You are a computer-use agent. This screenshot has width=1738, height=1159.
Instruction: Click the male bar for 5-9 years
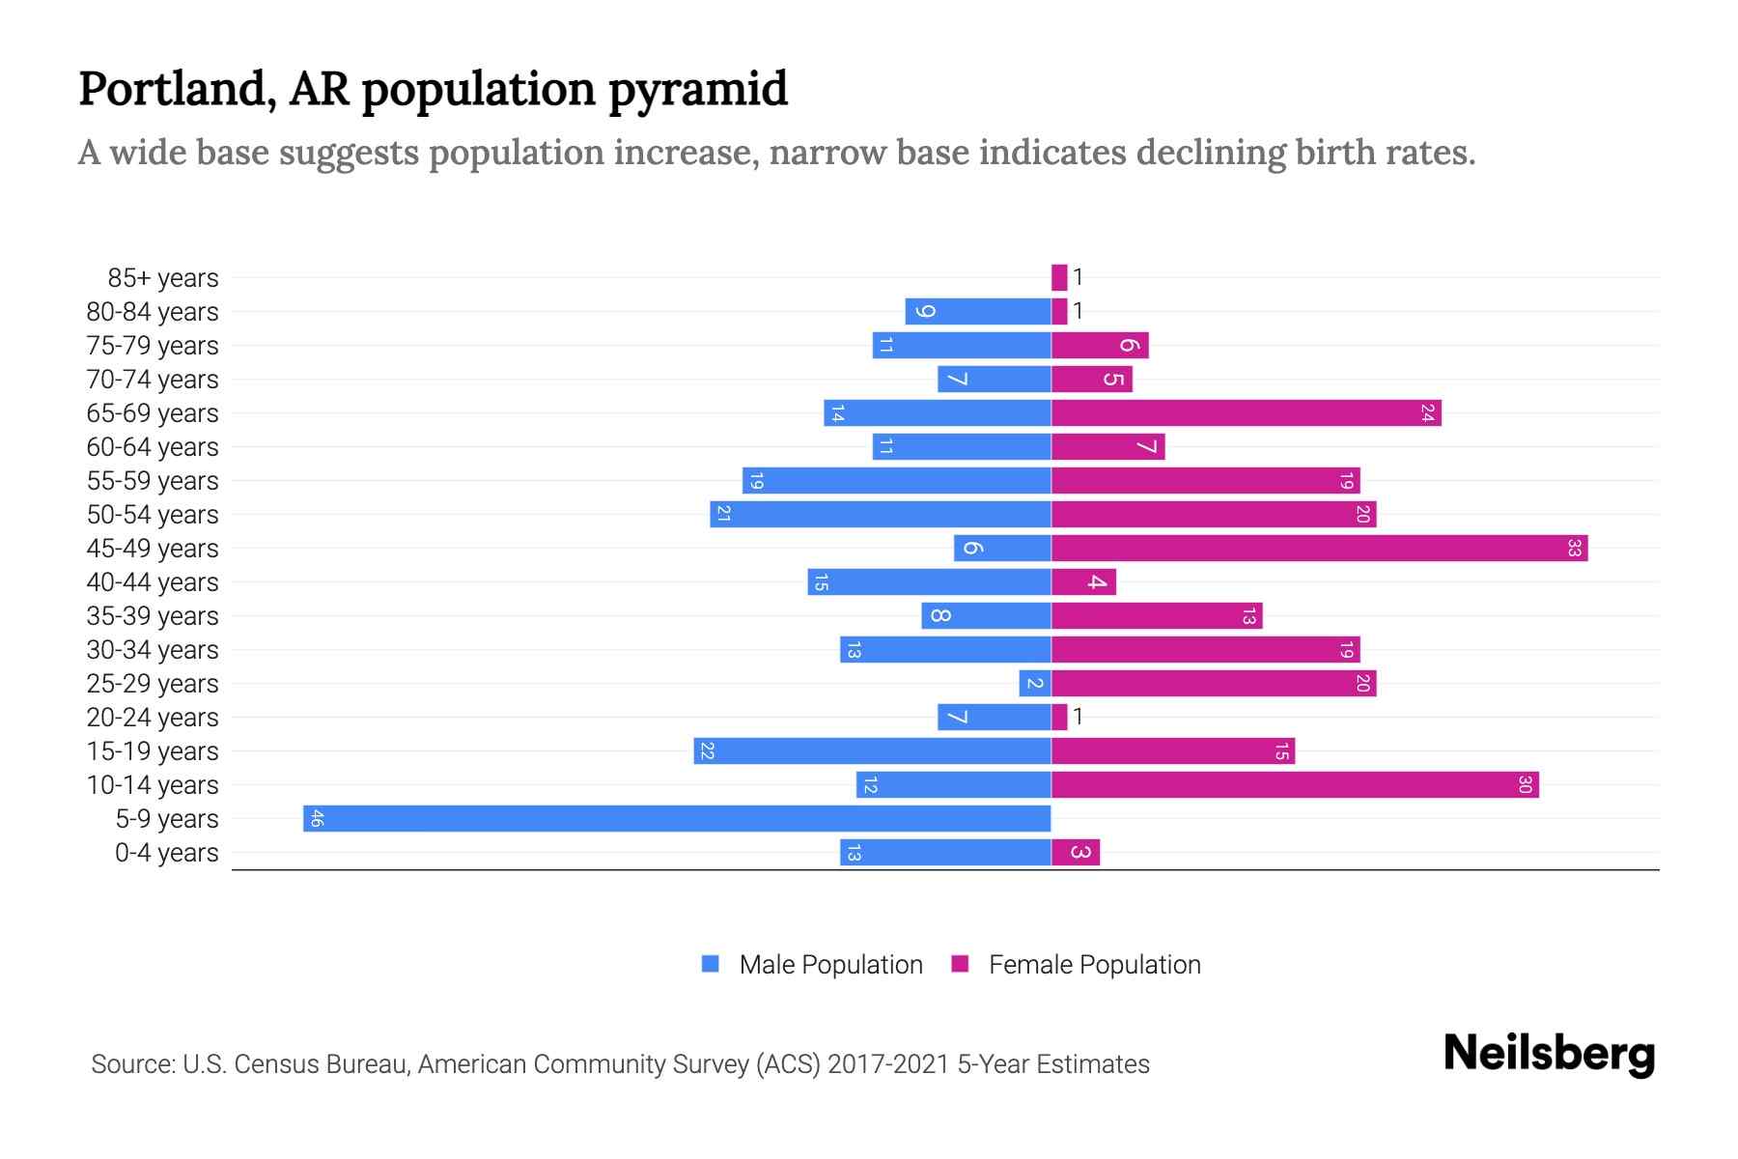[676, 818]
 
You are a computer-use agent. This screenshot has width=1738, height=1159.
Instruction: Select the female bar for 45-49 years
[1319, 548]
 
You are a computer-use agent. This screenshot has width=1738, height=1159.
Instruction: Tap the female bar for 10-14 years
[1294, 784]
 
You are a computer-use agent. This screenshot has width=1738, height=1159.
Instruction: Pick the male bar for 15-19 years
[872, 750]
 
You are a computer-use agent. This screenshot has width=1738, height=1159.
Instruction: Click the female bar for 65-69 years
[1246, 412]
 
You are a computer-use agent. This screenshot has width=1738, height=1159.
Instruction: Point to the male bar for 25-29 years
[1035, 683]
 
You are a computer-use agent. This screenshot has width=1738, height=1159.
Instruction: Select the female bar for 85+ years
[1059, 277]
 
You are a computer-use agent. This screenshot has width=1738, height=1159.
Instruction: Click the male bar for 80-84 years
[977, 311]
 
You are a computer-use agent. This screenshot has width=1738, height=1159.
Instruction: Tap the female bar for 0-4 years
[1076, 852]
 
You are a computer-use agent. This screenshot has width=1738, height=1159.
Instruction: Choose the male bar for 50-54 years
[880, 514]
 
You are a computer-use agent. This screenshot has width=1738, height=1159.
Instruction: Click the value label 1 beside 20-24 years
[1078, 717]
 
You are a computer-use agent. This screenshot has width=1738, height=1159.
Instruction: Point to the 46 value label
[317, 819]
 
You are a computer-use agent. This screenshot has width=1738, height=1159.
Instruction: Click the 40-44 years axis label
[153, 582]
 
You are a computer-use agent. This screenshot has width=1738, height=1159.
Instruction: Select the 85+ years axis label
[163, 278]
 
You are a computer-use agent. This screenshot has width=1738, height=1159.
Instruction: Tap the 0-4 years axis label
[166, 853]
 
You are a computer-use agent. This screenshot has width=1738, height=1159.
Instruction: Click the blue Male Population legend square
[711, 964]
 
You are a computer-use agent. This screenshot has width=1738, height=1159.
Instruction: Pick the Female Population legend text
[1094, 964]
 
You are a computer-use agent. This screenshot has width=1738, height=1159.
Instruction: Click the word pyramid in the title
[698, 89]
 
